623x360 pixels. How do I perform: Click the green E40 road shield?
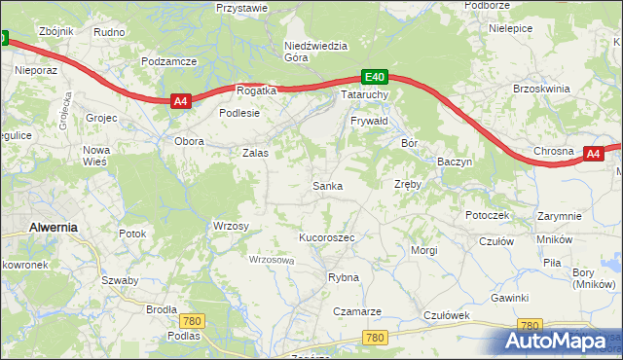[x=376, y=77]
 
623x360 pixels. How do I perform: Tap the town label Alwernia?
[x=54, y=226]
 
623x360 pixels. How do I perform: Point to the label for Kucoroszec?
[x=326, y=237]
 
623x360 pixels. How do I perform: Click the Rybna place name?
[x=344, y=277]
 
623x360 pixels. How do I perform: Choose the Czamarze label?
[x=356, y=311]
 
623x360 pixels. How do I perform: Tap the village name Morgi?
[x=424, y=250]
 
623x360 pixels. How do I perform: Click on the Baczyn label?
[x=455, y=161]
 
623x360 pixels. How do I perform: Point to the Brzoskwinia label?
[x=540, y=89]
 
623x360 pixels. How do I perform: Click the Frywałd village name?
[x=369, y=121]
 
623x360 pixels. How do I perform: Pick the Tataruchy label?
[x=365, y=95]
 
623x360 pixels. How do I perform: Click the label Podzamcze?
[x=168, y=60]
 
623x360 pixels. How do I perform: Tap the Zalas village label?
[x=255, y=153]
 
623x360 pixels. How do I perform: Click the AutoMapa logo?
[x=550, y=340]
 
